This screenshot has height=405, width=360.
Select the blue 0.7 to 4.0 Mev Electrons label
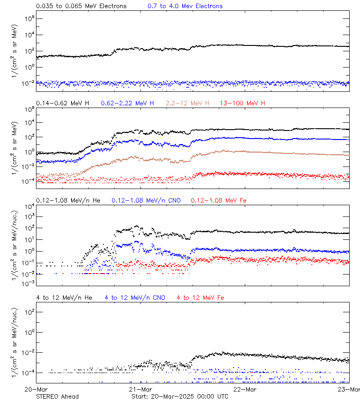(x=185, y=6)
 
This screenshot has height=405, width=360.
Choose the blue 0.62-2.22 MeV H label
(x=127, y=103)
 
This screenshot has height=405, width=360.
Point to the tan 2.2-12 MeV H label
(x=189, y=103)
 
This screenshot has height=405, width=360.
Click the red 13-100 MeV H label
(x=243, y=103)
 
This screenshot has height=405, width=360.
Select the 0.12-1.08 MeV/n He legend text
(x=70, y=200)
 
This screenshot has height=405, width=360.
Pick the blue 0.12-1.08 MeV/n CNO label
(x=146, y=200)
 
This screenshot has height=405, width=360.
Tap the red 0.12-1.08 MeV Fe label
(x=219, y=200)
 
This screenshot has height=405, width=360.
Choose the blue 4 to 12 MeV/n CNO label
(x=135, y=297)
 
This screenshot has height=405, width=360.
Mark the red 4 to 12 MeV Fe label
(x=200, y=297)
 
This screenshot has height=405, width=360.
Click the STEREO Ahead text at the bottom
(x=57, y=396)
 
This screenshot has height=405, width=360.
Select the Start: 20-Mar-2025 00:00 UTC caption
(x=180, y=396)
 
